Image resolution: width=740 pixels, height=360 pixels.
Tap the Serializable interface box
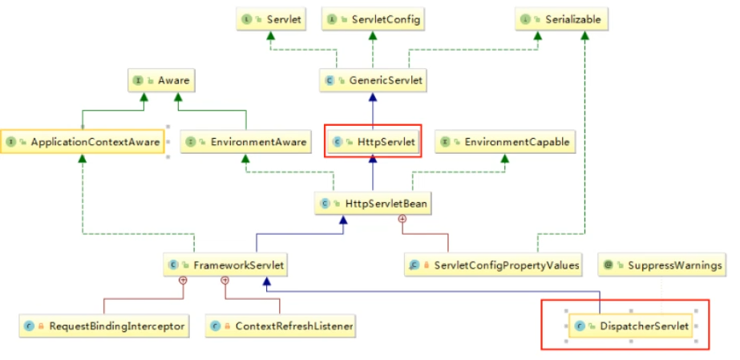click(x=561, y=19)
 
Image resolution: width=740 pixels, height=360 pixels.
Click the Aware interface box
click(x=161, y=80)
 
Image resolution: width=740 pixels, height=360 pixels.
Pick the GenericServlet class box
click(x=373, y=80)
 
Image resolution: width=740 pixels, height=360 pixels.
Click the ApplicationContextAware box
click(x=83, y=142)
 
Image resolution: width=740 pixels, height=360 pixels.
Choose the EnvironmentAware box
click(x=246, y=142)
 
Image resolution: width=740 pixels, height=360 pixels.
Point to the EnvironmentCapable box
click(x=505, y=142)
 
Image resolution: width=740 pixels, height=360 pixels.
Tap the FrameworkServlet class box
click(x=226, y=265)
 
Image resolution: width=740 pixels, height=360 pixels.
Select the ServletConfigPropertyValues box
click(x=494, y=265)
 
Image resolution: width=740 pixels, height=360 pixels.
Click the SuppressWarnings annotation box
click(x=662, y=265)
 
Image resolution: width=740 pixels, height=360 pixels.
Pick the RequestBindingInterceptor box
click(x=104, y=326)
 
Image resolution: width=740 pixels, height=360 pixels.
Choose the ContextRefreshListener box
click(x=281, y=326)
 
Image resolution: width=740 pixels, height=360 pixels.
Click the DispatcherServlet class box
click(x=631, y=326)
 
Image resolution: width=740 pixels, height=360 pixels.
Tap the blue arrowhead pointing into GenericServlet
click(x=373, y=97)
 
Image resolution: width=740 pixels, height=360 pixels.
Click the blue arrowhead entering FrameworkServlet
click(x=267, y=281)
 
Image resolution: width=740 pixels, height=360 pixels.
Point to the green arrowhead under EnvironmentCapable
click(x=505, y=158)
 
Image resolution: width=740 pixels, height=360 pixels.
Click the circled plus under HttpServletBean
click(x=402, y=219)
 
